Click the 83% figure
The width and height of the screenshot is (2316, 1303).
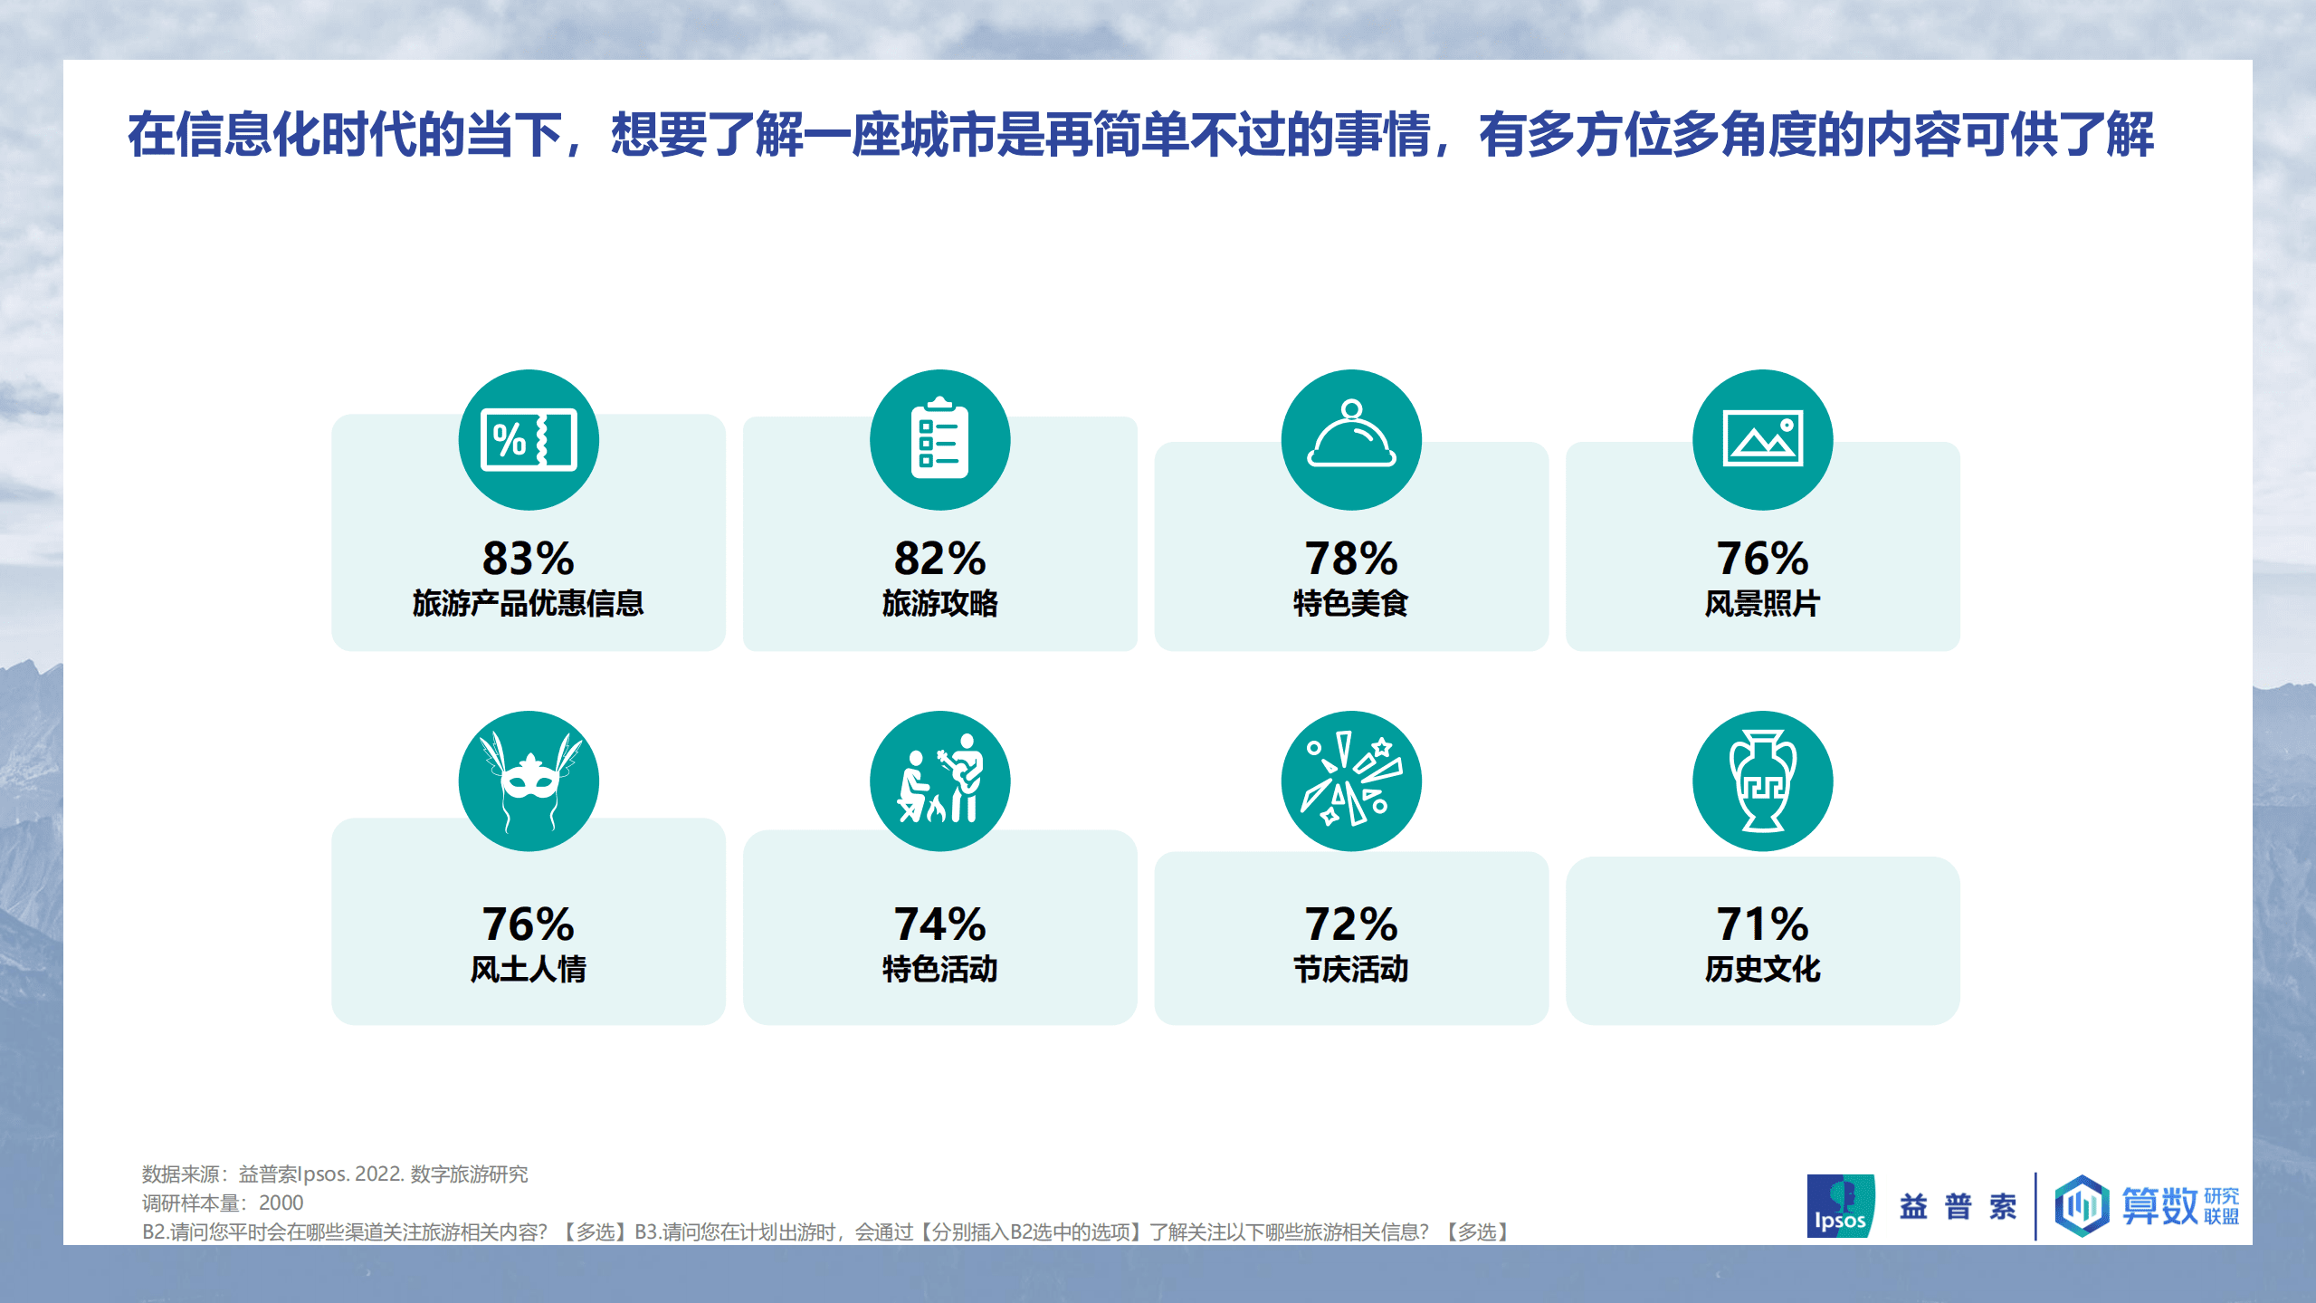(x=528, y=558)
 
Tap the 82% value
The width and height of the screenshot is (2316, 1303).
(x=939, y=558)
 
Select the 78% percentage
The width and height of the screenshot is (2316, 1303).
(x=1350, y=558)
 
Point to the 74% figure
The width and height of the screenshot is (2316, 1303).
(x=939, y=924)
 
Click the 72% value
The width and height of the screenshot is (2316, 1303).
(x=1350, y=924)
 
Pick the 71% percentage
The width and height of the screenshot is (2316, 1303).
(x=1762, y=924)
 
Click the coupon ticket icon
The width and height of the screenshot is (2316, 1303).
(x=529, y=440)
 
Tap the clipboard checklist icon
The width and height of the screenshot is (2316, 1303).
(x=939, y=439)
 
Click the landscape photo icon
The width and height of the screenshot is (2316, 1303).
(x=1762, y=439)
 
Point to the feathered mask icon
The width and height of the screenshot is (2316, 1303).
(x=529, y=781)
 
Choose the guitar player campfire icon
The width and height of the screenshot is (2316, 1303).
(x=939, y=781)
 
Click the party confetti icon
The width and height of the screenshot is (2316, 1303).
(x=1351, y=781)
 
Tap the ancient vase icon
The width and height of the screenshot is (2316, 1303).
(x=1762, y=781)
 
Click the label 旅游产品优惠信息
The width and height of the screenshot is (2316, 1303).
(x=528, y=603)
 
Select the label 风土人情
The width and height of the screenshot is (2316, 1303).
(x=528, y=969)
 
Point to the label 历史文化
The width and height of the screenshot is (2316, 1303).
(x=1762, y=969)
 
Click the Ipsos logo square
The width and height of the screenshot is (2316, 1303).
(x=1840, y=1205)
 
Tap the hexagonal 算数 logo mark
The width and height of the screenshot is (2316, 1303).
(x=2082, y=1205)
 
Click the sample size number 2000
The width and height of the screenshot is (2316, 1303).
(x=281, y=1202)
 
